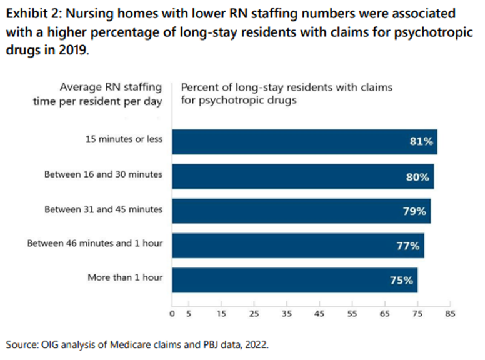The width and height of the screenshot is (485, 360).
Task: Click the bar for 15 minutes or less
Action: (304, 142)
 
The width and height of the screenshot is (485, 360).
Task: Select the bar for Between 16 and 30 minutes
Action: (302, 176)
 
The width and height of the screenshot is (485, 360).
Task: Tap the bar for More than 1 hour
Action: (294, 280)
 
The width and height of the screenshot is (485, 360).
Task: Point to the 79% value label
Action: (414, 211)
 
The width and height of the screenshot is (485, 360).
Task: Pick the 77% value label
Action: (407, 246)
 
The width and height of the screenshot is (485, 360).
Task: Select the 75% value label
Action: (401, 281)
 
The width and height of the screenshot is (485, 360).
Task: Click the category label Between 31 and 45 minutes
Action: (103, 209)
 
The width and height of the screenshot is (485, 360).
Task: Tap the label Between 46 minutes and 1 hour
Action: (94, 243)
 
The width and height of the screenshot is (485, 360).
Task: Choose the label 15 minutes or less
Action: (124, 139)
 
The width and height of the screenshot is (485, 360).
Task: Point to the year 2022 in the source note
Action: (255, 344)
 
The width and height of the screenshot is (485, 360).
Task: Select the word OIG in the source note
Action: (50, 344)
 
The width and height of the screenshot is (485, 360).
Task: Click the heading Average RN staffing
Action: (111, 87)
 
